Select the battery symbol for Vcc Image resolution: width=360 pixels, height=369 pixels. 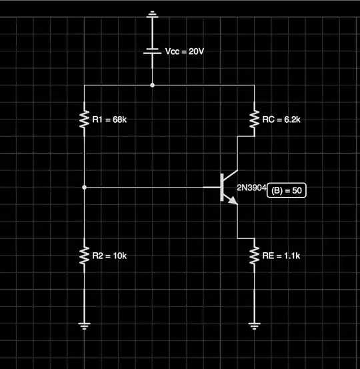point(153,51)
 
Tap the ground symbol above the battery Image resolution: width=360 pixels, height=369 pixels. point(153,13)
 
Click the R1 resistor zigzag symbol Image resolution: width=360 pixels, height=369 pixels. point(84,119)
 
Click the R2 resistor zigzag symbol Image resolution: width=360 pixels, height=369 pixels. point(84,255)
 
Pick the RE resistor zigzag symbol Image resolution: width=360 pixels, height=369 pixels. point(254,255)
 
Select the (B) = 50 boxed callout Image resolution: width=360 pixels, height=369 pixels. point(287,191)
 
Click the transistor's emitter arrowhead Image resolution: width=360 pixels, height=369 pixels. point(234,201)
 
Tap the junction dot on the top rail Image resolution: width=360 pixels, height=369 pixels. point(153,85)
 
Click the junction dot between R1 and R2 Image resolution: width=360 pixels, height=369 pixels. point(84,188)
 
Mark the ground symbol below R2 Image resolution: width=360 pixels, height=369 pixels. point(84,326)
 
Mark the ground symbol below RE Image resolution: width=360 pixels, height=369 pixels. point(254,326)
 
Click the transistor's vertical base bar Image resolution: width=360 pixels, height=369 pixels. point(222,188)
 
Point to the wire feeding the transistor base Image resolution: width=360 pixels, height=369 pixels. point(153,188)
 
